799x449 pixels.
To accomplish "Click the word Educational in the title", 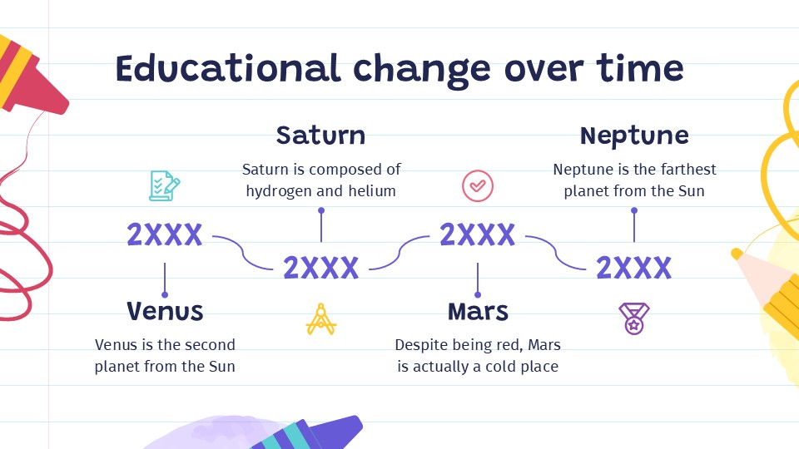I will [228, 68].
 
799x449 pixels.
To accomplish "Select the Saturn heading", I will [320, 135].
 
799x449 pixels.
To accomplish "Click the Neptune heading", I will [634, 135].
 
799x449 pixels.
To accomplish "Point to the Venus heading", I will [165, 311].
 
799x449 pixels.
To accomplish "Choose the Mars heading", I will [478, 311].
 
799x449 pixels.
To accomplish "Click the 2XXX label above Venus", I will [165, 235].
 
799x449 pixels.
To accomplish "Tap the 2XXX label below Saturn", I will [320, 268].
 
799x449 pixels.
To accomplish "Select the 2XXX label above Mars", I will [478, 235].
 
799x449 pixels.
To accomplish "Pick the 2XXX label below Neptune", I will [634, 268].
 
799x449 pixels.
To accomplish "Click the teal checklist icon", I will [164, 185].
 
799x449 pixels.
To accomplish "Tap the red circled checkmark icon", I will [478, 185].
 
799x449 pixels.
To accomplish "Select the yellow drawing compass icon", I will [320, 318].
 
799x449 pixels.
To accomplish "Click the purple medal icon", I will [633, 318].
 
